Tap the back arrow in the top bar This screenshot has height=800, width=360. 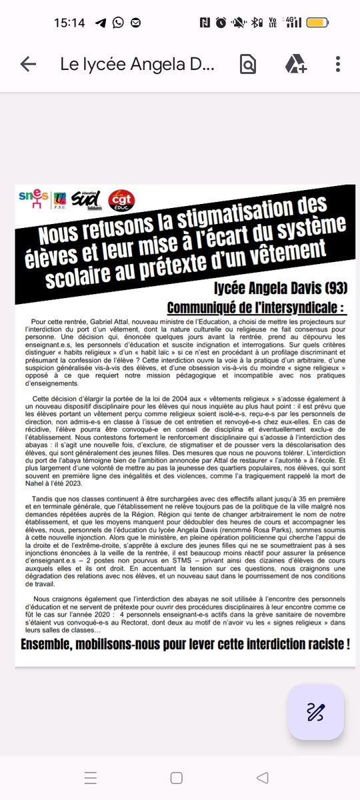[28, 64]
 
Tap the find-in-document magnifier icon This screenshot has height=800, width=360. [247, 64]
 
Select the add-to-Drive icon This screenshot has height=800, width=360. [295, 64]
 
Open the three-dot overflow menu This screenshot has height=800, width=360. [338, 64]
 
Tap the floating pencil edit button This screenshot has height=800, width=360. [315, 712]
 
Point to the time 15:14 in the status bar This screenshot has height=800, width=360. [69, 23]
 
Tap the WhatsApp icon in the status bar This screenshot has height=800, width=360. [118, 23]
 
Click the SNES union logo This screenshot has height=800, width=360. [34, 199]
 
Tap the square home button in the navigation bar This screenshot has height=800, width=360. [176, 778]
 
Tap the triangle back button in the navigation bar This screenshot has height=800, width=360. [263, 778]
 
